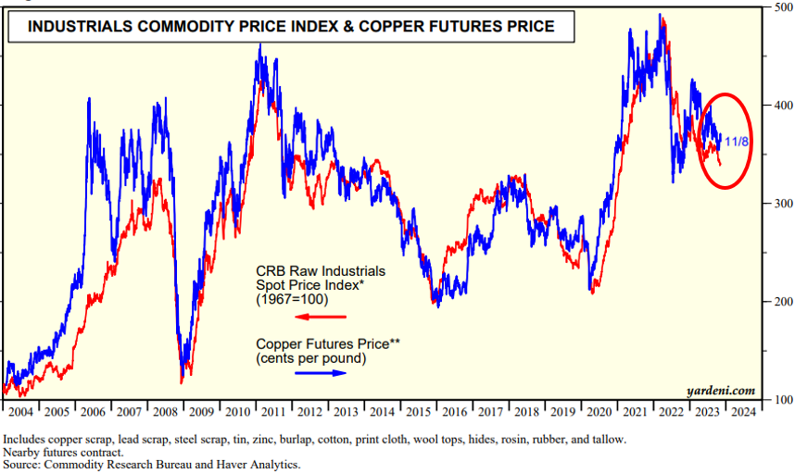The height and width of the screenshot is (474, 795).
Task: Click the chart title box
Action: tap(291, 27)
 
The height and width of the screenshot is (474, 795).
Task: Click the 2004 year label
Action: tap(21, 411)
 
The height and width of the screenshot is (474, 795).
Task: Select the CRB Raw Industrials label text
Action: tap(321, 286)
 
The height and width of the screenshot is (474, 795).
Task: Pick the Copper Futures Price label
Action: tap(327, 352)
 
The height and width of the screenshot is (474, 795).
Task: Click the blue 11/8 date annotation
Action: tap(738, 142)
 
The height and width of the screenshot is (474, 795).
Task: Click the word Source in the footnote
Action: tap(25, 465)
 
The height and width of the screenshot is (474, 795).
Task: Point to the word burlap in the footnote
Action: tap(360, 439)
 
